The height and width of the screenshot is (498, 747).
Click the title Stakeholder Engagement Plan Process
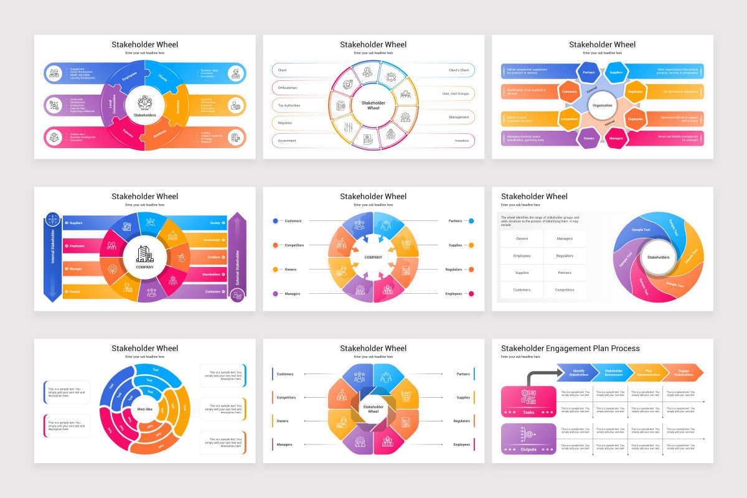(x=570, y=348)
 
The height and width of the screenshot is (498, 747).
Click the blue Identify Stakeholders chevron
(x=578, y=372)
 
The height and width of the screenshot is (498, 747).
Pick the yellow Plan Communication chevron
(x=648, y=372)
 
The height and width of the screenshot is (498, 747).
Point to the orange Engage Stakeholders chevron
(x=683, y=372)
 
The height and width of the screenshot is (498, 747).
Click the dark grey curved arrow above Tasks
(x=540, y=376)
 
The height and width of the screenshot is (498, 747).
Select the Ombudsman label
(x=288, y=88)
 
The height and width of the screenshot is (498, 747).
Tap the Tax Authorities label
(x=289, y=105)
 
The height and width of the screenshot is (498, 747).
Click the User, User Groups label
(x=455, y=93)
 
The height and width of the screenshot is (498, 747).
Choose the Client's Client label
(x=458, y=70)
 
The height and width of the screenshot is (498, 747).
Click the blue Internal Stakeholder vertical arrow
(x=53, y=257)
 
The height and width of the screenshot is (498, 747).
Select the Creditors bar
(x=212, y=257)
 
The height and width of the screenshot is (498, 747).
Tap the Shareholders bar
(x=212, y=274)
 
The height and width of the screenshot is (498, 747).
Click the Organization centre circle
(x=602, y=106)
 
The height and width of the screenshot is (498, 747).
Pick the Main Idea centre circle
(x=145, y=408)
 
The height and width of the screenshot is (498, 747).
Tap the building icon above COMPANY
(x=144, y=253)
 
